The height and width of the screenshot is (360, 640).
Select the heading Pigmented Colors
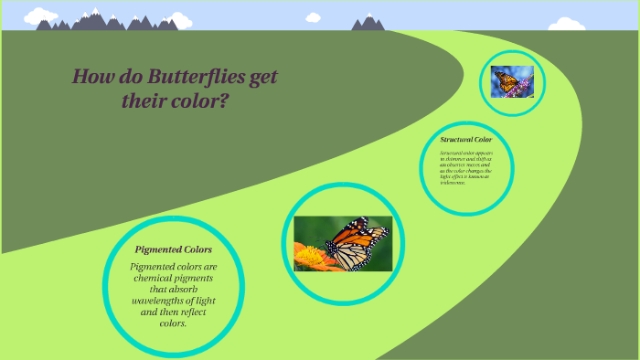(174, 249)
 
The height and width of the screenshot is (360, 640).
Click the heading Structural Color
(466, 140)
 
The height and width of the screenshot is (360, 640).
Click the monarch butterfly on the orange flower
(352, 242)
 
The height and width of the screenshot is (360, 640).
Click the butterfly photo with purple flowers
(512, 82)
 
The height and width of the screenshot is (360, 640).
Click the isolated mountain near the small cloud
(368, 23)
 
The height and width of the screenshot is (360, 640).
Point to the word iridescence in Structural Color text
(453, 183)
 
